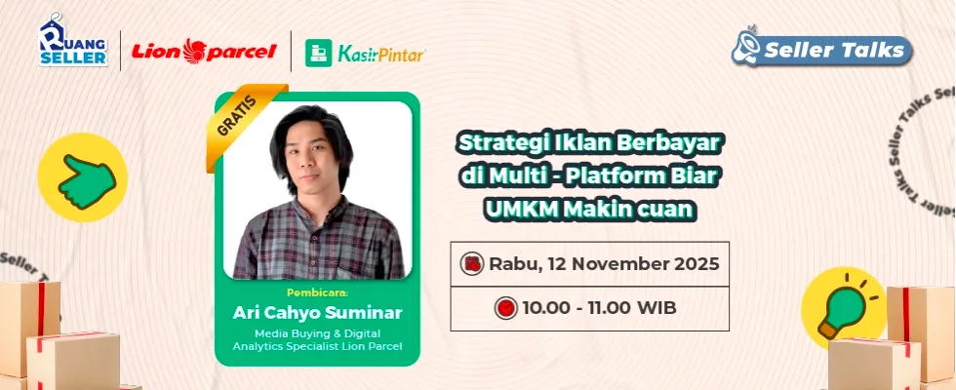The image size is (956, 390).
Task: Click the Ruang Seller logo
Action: [x=74, y=40]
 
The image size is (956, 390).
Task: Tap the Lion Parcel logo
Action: [x=204, y=51]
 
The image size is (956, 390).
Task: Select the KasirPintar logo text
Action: [x=381, y=55]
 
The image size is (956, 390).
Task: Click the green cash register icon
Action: [x=319, y=53]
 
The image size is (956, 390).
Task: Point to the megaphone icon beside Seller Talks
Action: [x=746, y=46]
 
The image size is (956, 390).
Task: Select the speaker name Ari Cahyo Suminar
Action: [x=318, y=313]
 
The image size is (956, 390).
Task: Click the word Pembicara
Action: [x=317, y=292]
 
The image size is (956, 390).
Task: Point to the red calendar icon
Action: [x=472, y=264]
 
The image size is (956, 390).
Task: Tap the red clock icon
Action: [x=505, y=308]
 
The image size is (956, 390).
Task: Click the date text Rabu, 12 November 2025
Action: [x=604, y=264]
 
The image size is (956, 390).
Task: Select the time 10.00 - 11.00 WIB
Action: [x=599, y=308]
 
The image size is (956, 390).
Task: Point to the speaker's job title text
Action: [x=318, y=340]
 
